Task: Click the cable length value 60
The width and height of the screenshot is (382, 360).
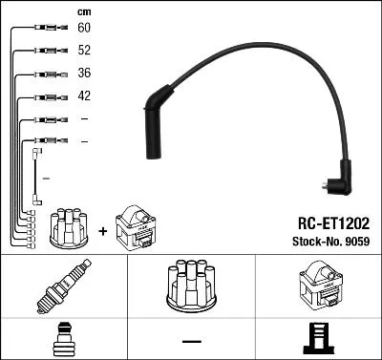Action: (x=84, y=30)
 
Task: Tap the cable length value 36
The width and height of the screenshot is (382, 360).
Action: (x=84, y=74)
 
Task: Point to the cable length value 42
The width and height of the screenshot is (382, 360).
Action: (x=84, y=95)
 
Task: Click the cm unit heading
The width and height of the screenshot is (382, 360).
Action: (x=83, y=11)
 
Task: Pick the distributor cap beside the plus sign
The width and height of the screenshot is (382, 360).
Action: (x=69, y=225)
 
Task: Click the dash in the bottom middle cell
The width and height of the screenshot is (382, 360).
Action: (x=190, y=340)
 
